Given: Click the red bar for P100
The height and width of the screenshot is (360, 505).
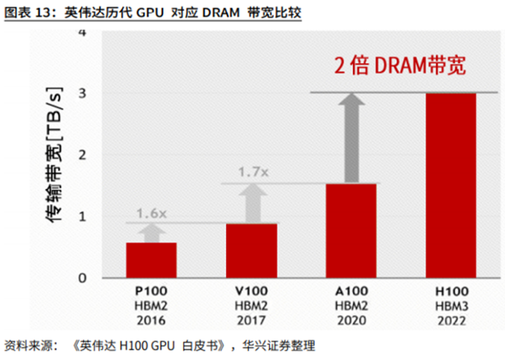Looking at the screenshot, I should pos(151,260).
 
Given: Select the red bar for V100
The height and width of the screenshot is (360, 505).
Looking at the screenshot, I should pos(252,250).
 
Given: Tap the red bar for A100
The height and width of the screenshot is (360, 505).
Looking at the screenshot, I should pos(351,230).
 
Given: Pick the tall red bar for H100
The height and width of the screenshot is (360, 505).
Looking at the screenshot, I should pos(451,185).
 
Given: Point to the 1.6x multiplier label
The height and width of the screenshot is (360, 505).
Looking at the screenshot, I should pos(151,213).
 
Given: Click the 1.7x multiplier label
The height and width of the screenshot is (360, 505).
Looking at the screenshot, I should pos(252,172).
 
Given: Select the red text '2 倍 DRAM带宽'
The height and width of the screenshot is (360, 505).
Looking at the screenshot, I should pos(400,66).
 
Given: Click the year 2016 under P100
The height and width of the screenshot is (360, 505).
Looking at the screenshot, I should pos(151,320).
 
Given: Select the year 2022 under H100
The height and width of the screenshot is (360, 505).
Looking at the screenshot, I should pos(450,320).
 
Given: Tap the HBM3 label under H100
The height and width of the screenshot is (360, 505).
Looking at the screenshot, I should pos(450,306).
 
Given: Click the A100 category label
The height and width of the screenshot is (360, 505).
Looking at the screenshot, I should pos(351,291).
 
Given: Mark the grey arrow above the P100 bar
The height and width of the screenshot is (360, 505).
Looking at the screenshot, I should pos(151,233).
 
